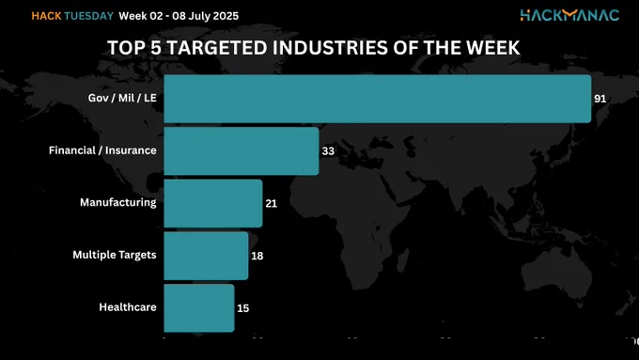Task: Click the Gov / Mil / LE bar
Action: tap(378, 99)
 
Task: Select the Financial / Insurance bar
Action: tap(242, 150)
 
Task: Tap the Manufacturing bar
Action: tap(213, 203)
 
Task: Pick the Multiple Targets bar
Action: tap(206, 256)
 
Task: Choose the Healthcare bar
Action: tap(199, 308)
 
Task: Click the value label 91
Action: tap(600, 99)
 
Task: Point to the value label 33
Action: tap(328, 151)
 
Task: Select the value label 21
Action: tap(272, 203)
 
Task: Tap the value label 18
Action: tap(257, 256)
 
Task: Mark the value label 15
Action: tap(242, 308)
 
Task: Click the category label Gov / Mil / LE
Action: tap(122, 98)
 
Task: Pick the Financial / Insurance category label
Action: tap(102, 150)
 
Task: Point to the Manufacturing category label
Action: tap(118, 203)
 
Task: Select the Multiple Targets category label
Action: tap(115, 255)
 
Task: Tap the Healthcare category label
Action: tap(128, 307)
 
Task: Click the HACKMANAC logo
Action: tap(569, 15)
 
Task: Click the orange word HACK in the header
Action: tap(46, 16)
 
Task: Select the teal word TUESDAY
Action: tap(89, 16)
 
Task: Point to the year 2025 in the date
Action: tap(226, 16)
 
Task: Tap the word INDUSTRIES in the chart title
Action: tap(331, 48)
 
